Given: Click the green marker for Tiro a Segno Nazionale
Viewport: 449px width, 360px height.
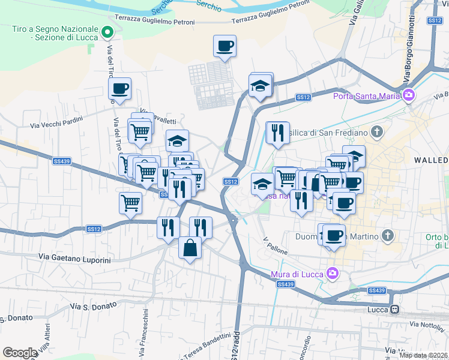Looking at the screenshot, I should pyautogui.click(x=107, y=32).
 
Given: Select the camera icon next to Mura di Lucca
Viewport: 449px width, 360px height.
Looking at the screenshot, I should pyautogui.click(x=332, y=274).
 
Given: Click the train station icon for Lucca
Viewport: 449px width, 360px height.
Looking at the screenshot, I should pyautogui.click(x=395, y=310).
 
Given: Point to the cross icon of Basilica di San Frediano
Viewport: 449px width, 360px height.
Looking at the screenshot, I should pyautogui.click(x=376, y=131).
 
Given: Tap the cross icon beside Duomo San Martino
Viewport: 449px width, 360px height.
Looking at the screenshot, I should pyautogui.click(x=388, y=236).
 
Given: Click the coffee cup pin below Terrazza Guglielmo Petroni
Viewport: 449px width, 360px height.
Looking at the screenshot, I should pyautogui.click(x=224, y=46).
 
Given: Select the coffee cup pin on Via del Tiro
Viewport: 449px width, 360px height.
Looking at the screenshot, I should pyautogui.click(x=120, y=89).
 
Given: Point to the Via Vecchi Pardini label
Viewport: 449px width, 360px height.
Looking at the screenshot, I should pyautogui.click(x=56, y=125).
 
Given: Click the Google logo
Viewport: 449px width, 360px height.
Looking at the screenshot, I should pyautogui.click(x=20, y=353).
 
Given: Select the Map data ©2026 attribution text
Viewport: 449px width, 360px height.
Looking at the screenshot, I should pyautogui.click(x=424, y=355).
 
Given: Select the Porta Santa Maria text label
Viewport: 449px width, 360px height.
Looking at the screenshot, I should pyautogui.click(x=367, y=95).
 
